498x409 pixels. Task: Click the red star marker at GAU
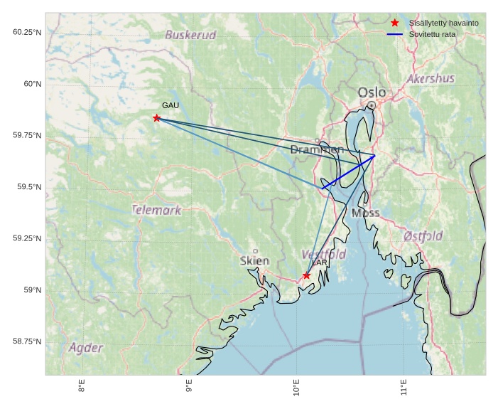coord(156,118)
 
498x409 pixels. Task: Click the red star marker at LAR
coord(306,275)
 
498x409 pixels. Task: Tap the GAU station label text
coord(170,106)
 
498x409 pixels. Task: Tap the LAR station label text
coord(320,262)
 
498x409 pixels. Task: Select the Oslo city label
coord(372,92)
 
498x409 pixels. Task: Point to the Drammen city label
coord(317,149)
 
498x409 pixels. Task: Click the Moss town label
coord(365,213)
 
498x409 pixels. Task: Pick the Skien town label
coord(254,261)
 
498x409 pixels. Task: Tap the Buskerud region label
coord(190,35)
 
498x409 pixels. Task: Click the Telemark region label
coord(156,210)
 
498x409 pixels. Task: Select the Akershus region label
coord(431,78)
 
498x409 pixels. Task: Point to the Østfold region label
coord(423,236)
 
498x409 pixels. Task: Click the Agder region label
coord(86,348)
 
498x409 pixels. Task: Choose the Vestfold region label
coord(323,254)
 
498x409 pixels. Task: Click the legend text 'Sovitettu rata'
coord(432,34)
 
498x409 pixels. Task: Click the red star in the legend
coord(395,23)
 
